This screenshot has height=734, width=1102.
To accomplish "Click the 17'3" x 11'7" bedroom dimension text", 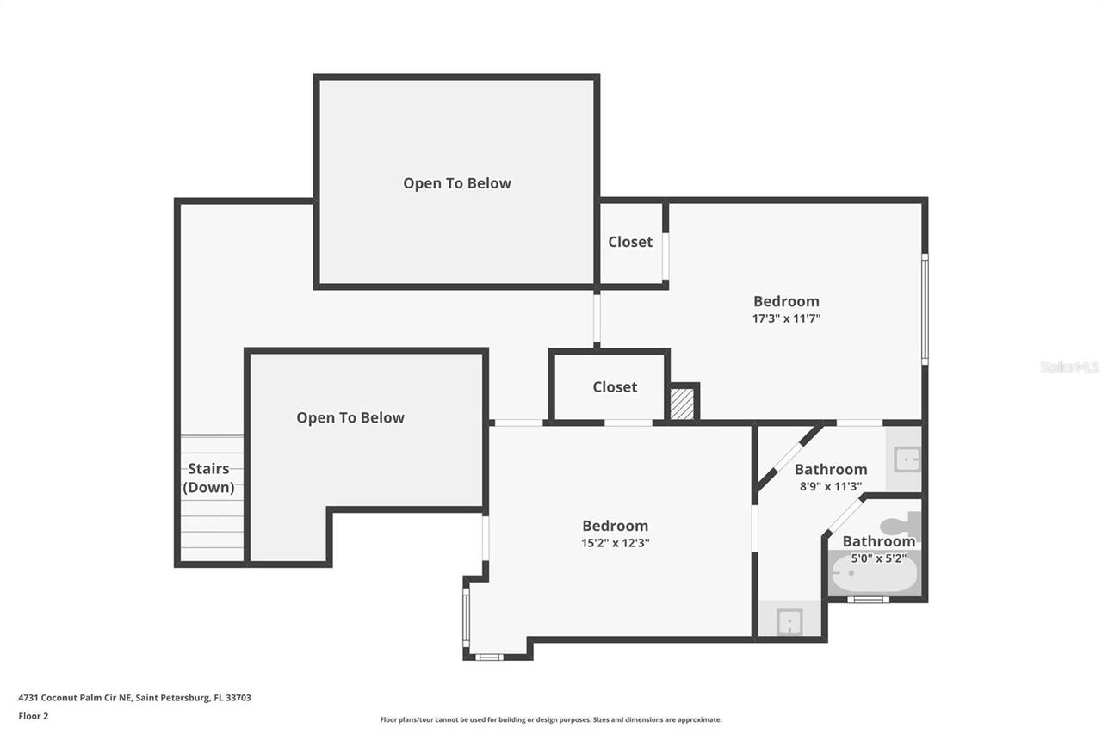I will [x=786, y=318].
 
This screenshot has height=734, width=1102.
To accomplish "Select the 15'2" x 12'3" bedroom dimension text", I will [x=615, y=543].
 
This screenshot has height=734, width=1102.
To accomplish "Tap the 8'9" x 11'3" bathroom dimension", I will [x=830, y=486].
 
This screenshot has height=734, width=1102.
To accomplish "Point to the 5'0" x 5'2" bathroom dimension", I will [x=878, y=558].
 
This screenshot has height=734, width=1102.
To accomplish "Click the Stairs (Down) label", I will [x=208, y=478].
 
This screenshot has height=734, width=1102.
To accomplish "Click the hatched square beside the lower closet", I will [x=683, y=404].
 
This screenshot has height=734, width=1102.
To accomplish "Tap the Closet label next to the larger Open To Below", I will [x=630, y=242].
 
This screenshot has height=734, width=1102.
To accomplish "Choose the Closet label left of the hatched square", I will [x=615, y=387].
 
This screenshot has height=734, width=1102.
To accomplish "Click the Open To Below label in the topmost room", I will [x=457, y=183].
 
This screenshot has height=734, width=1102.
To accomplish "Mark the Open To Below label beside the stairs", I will [x=350, y=417].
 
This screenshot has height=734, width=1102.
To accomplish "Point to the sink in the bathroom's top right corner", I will [x=906, y=460].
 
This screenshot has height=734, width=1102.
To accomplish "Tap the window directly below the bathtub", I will [x=867, y=599].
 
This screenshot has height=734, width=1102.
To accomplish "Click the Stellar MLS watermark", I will [x=1069, y=367].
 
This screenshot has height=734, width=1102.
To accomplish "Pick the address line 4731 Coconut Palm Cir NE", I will [x=135, y=698].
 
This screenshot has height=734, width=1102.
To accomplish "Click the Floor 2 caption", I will [x=34, y=715].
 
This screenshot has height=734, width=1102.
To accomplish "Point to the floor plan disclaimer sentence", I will [x=551, y=719].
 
